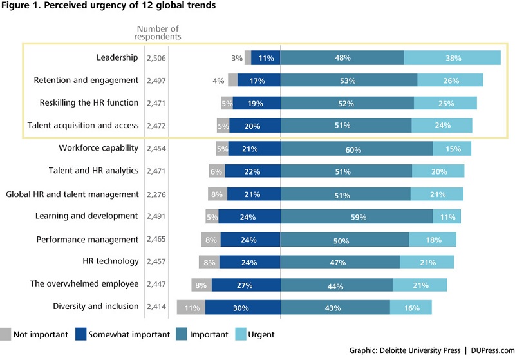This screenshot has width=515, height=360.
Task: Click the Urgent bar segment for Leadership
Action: click(x=453, y=58)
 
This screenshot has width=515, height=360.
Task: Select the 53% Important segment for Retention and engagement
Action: click(x=349, y=80)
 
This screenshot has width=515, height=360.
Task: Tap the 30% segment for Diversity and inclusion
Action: click(x=243, y=307)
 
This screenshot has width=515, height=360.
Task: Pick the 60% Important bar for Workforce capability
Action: click(x=357, y=149)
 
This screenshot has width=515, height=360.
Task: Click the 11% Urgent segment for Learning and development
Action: click(x=447, y=217)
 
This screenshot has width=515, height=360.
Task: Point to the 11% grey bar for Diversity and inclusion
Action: click(x=191, y=307)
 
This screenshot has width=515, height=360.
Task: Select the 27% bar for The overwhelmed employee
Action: click(x=247, y=285)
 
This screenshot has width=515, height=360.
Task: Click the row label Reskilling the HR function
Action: click(x=89, y=103)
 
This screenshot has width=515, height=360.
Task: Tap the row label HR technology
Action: click(x=111, y=261)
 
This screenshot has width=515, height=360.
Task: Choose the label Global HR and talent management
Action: click(x=72, y=194)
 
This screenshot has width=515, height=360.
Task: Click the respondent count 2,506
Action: click(x=156, y=58)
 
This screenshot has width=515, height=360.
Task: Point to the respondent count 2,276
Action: click(x=156, y=194)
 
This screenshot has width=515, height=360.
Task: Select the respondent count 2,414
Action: click(x=156, y=307)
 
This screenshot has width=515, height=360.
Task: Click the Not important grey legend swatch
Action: click(x=5, y=334)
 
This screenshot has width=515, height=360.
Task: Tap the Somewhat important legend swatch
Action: click(x=81, y=334)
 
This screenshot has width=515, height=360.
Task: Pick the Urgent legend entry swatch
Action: click(x=241, y=334)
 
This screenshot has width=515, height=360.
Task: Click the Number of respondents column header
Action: click(x=158, y=32)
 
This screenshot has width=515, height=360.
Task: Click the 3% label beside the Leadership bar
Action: click(x=237, y=58)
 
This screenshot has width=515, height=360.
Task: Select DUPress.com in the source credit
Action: click(x=492, y=350)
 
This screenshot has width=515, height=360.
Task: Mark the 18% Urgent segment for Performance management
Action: click(x=433, y=240)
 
